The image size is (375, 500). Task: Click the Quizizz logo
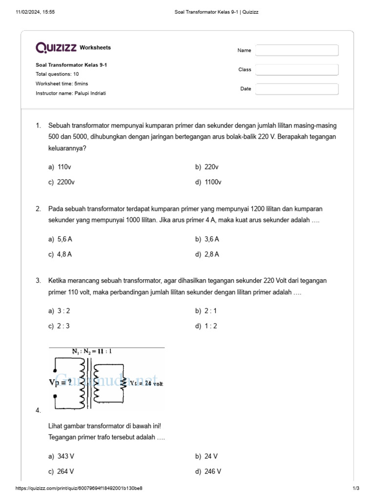(x=56, y=47)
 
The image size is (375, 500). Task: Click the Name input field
(x=297, y=50)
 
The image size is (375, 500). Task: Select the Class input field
(x=297, y=70)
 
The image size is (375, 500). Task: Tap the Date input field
(x=297, y=89)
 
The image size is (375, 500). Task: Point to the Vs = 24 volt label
(x=146, y=383)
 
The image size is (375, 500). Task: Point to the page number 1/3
(x=356, y=488)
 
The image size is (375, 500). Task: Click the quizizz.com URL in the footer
(x=79, y=488)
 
